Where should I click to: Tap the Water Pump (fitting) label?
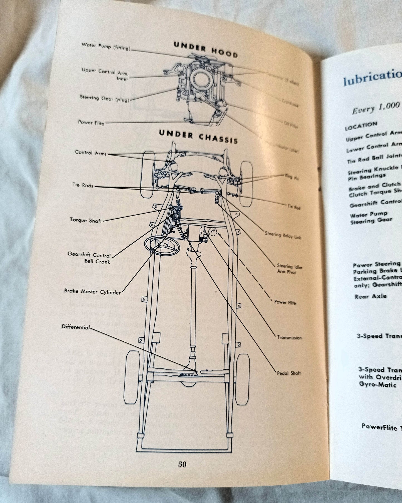point(106,46)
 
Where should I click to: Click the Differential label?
point(76,327)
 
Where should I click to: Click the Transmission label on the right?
point(289,337)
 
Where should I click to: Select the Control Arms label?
point(91,153)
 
